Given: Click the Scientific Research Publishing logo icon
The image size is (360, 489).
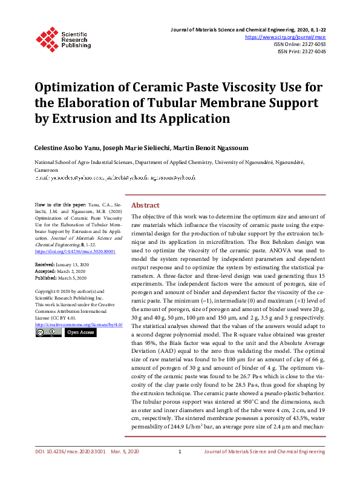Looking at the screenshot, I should click(x=47, y=37).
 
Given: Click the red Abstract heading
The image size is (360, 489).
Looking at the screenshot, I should click(x=145, y=205).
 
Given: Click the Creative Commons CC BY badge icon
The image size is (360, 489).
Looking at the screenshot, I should click(x=48, y=332).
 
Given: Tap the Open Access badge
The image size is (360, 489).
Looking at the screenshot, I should click(x=80, y=332).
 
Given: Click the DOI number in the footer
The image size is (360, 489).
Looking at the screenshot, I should click(x=70, y=468).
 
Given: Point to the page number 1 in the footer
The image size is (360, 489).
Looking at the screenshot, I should click(x=180, y=468).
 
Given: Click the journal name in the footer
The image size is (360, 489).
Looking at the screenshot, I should click(x=264, y=468).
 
